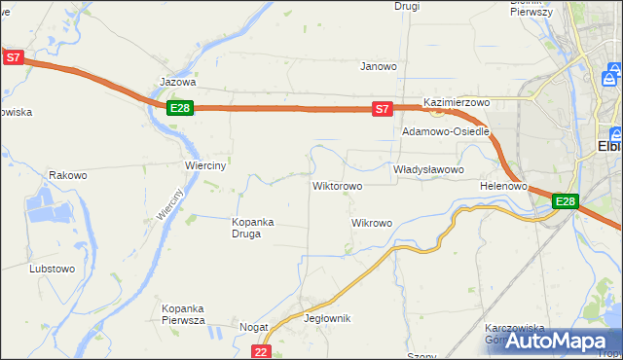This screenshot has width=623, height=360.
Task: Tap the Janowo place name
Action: tap(379, 67)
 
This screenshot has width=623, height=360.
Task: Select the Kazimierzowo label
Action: tap(456, 102)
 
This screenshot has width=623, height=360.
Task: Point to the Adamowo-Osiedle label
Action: tap(445, 130)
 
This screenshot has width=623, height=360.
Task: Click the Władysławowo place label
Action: tap(428, 169)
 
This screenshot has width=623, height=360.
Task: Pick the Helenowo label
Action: tap(503, 185)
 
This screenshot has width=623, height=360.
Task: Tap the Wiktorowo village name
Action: tap(337, 185)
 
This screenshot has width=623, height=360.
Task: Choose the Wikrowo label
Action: tap(371, 223)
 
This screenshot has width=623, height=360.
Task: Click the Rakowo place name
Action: tap(68, 176)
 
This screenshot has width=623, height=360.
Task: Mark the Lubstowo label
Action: tap(53, 268)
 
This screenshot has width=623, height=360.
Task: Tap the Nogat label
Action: tap(255, 328)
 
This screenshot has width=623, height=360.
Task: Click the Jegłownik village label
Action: tap(327, 318)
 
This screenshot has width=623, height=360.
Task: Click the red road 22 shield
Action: tap(260, 351)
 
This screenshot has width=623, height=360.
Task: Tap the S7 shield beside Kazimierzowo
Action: tap(383, 109)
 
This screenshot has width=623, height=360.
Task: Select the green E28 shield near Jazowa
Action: tap(179, 108)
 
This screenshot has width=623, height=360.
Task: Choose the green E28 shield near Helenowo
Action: tap(566, 201)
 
